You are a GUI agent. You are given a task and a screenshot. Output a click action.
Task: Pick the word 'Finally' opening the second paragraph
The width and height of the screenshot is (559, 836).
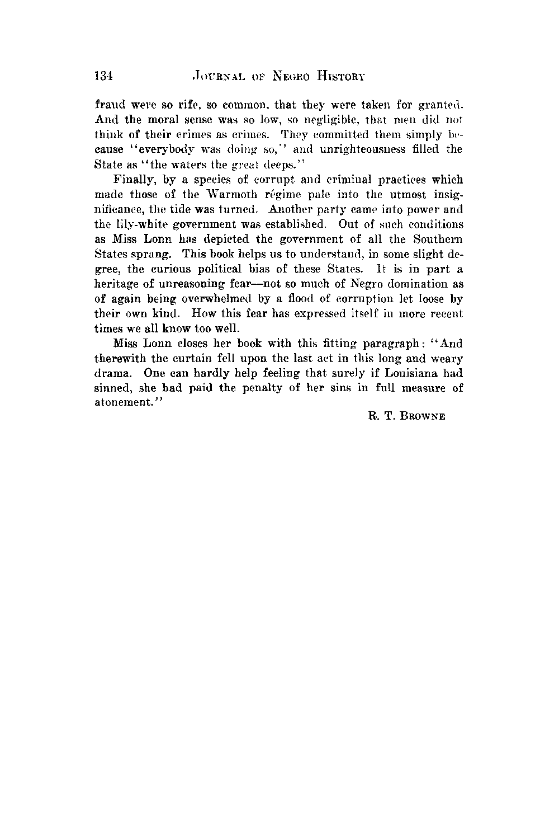click(x=130, y=180)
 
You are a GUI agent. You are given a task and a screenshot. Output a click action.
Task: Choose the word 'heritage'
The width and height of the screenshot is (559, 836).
click(x=115, y=284)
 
